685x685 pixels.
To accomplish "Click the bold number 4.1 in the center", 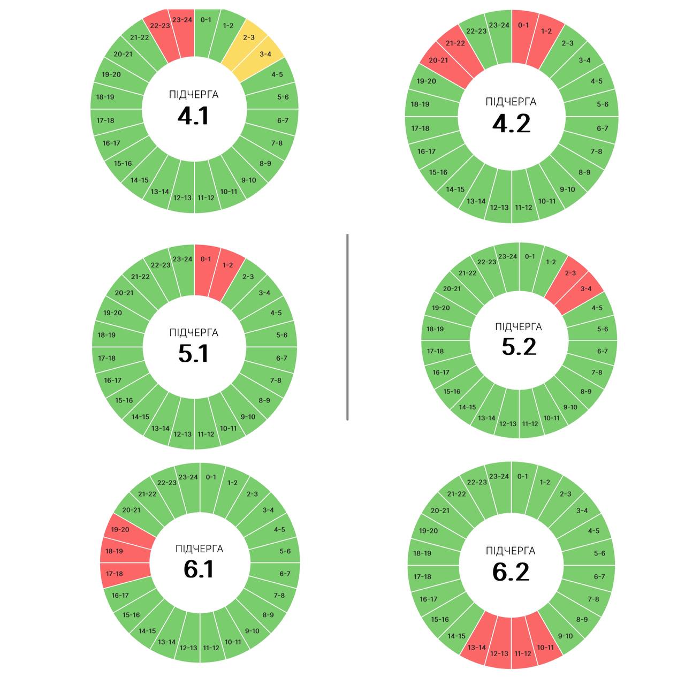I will pos(193,116).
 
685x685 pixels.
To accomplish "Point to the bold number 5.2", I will pos(519,347).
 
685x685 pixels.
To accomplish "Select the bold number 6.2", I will pos(511,572).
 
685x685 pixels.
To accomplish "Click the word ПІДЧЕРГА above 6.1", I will pos(199,549).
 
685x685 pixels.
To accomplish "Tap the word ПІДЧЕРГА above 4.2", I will pos(511,102).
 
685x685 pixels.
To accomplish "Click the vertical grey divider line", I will pos(347,327).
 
